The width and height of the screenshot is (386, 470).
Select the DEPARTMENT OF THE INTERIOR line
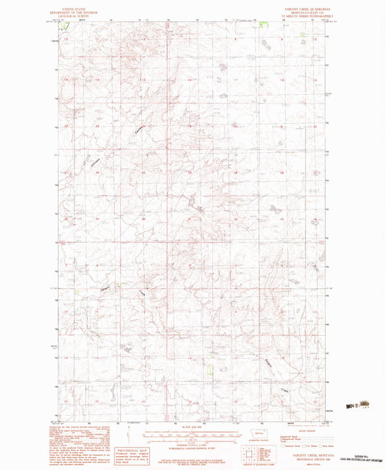73,9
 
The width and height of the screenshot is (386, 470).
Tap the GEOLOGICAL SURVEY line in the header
73,13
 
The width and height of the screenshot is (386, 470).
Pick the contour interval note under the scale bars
193,441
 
